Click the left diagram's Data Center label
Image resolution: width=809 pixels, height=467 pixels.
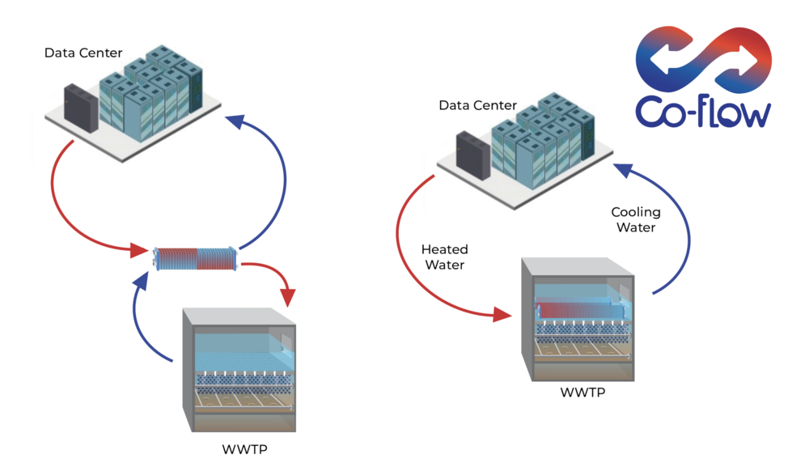(x=83, y=53)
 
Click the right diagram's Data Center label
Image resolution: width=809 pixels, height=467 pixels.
(x=478, y=105)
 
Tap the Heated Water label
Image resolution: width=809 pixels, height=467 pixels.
(x=445, y=257)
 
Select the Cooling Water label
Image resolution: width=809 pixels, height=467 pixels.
(x=636, y=219)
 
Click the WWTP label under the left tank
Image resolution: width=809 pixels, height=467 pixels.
(x=244, y=449)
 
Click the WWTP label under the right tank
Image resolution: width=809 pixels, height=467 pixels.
(x=582, y=393)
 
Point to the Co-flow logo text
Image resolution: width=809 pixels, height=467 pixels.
(x=703, y=112)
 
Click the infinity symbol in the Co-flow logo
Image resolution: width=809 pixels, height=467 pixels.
(x=703, y=58)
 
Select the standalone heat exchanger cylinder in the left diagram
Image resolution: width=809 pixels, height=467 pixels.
(x=196, y=258)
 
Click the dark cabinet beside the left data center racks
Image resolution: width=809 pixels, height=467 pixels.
(x=81, y=108)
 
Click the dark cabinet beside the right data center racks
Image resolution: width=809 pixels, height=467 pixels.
(x=473, y=155)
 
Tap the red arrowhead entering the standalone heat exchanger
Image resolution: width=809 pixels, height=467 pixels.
(x=139, y=251)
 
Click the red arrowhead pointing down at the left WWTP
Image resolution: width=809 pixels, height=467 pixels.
(x=287, y=298)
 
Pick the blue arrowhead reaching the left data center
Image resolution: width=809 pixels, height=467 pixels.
(x=235, y=121)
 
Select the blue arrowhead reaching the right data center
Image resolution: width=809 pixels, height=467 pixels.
(x=623, y=170)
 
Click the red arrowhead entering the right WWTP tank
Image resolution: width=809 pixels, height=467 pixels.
(x=502, y=314)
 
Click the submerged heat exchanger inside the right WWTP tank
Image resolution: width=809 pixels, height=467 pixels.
(x=580, y=310)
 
